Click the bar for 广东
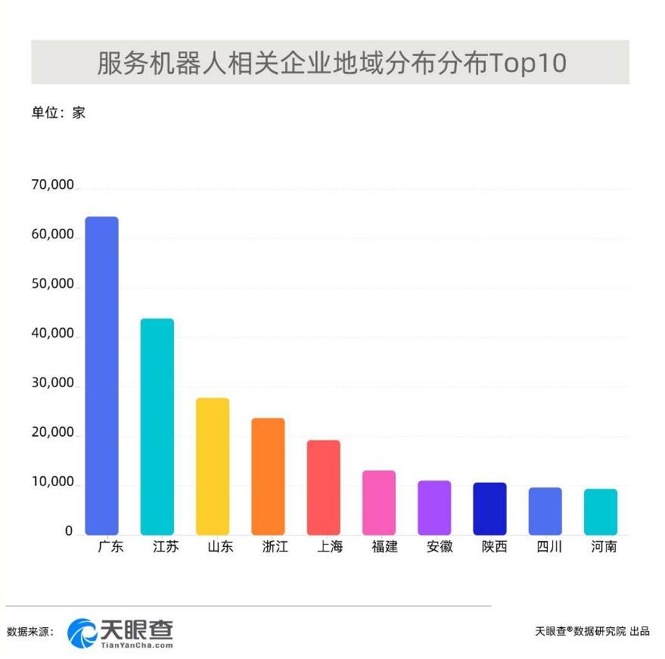point(101,375)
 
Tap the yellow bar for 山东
point(213,466)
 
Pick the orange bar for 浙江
point(268,476)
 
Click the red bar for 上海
point(323,487)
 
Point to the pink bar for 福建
point(379,502)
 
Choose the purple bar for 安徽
point(434,508)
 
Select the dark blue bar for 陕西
point(489,508)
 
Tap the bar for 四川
point(545,511)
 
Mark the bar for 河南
point(601,511)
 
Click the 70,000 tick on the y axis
point(52,185)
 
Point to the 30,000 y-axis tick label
point(52,384)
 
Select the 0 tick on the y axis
point(68,531)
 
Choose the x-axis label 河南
point(604,546)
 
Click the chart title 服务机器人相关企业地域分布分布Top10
point(331,63)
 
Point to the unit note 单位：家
point(58,113)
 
